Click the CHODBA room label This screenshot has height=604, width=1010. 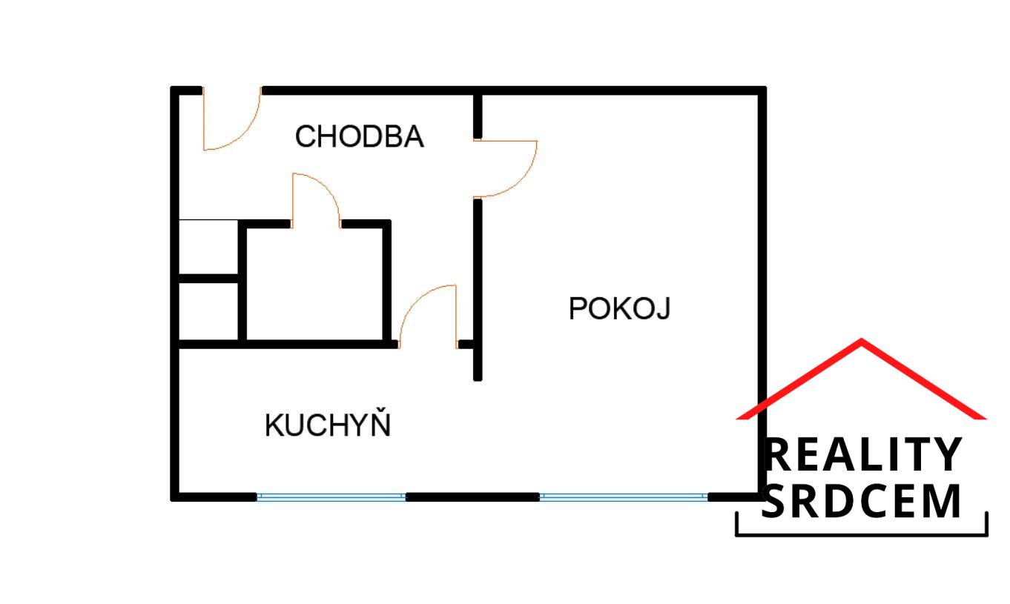click(x=360, y=137)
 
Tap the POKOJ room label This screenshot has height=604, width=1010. click(x=619, y=308)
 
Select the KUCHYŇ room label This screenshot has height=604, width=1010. click(x=328, y=426)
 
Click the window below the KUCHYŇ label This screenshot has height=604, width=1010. click(x=331, y=497)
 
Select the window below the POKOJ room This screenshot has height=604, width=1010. click(x=623, y=497)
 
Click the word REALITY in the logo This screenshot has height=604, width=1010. click(x=862, y=455)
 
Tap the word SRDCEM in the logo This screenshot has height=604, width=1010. click(x=862, y=502)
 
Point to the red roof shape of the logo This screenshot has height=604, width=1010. click(x=862, y=374)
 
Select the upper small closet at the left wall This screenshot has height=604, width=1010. click(x=208, y=248)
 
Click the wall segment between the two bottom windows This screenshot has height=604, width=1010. click(x=472, y=497)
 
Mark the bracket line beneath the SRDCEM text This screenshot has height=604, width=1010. click(x=862, y=534)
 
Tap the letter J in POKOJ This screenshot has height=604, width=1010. click(x=664, y=309)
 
